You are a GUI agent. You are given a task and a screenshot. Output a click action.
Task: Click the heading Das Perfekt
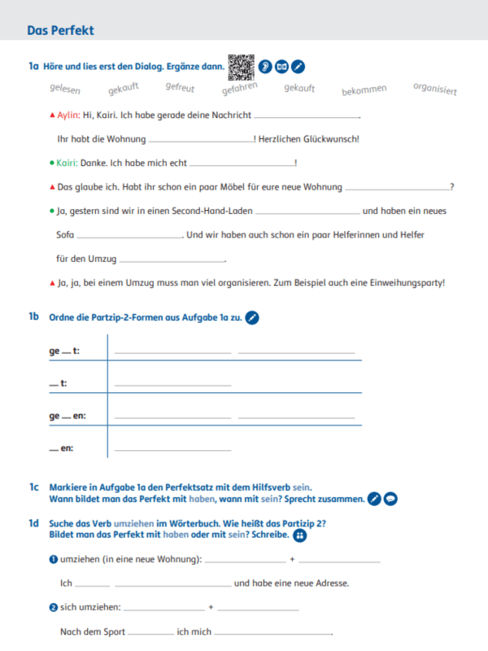click(60, 30)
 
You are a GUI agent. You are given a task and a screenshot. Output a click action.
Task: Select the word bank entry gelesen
click(65, 90)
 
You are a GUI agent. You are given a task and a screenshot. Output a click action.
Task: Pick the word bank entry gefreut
click(180, 86)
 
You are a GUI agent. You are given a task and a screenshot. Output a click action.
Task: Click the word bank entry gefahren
click(240, 88)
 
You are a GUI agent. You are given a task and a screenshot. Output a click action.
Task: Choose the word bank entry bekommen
click(364, 90)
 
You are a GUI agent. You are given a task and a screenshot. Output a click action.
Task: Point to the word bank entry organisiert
click(434, 88)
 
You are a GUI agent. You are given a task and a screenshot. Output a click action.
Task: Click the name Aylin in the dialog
click(69, 116)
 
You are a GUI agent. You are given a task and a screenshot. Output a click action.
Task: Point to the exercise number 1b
click(33, 317)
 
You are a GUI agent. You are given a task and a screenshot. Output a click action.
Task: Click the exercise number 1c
click(33, 487)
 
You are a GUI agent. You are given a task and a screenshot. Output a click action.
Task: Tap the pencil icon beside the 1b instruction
click(252, 317)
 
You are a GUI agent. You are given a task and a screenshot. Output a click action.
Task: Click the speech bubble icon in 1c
click(390, 499)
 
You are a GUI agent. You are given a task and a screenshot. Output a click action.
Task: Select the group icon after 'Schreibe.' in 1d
click(299, 535)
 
